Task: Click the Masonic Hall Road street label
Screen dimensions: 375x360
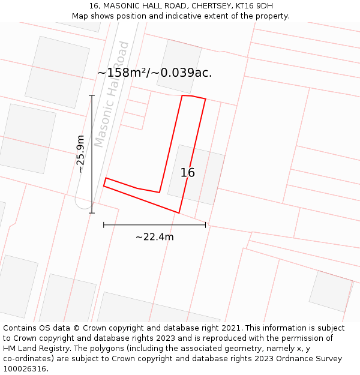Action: pyautogui.click(x=112, y=94)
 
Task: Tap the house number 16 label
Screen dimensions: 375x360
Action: pyautogui.click(x=188, y=173)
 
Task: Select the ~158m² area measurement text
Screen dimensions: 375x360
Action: pyautogui.click(x=122, y=73)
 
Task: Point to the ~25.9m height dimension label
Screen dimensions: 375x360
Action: pyautogui.click(x=80, y=154)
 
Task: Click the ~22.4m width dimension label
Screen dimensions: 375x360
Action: pyautogui.click(x=154, y=237)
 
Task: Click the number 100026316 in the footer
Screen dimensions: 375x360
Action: pyautogui.click(x=25, y=368)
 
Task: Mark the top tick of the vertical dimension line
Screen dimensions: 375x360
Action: pyautogui.click(x=92, y=95)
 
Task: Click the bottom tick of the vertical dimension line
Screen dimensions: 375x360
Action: pyautogui.click(x=92, y=212)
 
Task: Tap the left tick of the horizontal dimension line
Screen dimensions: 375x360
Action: pyautogui.click(x=104, y=225)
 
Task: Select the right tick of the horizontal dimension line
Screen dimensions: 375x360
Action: pyautogui.click(x=205, y=225)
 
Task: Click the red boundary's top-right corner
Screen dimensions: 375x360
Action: pyautogui.click(x=206, y=99)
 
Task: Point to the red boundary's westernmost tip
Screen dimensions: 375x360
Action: pyautogui.click(x=104, y=185)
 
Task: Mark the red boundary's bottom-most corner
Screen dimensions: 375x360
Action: pyautogui.click(x=179, y=213)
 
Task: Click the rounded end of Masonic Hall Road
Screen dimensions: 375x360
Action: pyautogui.click(x=83, y=204)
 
